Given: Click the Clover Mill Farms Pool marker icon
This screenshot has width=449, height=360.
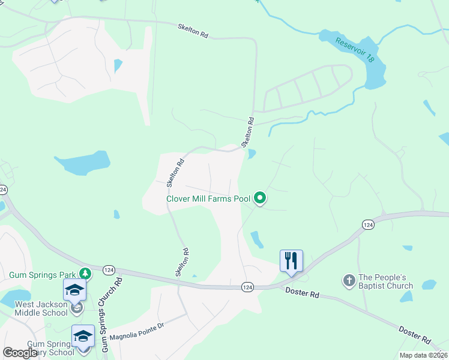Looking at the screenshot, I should tap(260, 197).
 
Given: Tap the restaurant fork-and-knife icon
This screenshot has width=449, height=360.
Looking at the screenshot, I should tap(291, 260).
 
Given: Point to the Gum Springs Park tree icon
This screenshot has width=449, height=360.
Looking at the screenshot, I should tap(86, 274).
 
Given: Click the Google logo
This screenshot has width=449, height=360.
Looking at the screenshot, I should tap(20, 353).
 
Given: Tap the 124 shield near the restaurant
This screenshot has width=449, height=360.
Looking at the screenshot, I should tap(247, 287).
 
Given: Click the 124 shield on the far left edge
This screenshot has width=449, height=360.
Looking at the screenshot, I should tap(3, 190).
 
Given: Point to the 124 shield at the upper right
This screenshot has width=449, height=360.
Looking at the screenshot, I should tap(367, 224).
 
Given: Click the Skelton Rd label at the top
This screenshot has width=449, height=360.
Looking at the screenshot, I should tap(193, 31).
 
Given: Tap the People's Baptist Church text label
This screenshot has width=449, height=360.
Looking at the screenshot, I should tap(386, 281).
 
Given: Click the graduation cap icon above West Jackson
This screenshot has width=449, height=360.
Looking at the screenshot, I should tap(75, 290).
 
